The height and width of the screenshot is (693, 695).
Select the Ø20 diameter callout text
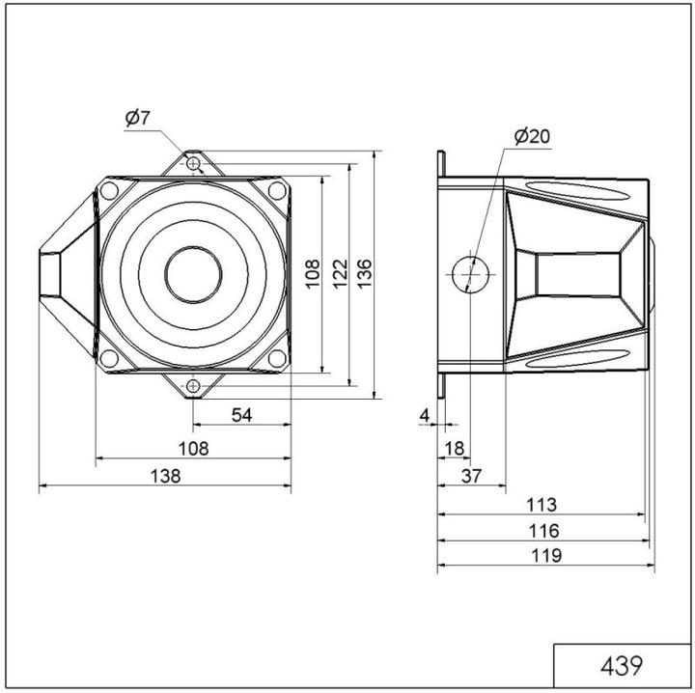(532, 136)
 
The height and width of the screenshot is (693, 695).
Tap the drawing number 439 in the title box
(622, 666)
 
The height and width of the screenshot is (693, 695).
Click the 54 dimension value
(242, 414)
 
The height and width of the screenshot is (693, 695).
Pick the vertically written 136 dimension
(364, 275)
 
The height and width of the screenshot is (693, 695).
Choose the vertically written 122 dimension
(338, 275)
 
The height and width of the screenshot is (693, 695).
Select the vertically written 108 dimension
(311, 275)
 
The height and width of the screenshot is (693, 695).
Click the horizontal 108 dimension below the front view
(194, 448)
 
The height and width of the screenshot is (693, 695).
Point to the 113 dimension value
(542, 504)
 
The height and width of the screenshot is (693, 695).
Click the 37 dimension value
(471, 475)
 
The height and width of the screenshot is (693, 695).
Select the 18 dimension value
(453, 448)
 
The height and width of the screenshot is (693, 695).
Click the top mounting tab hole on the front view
(194, 164)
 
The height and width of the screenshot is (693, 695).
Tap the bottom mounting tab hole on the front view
(194, 386)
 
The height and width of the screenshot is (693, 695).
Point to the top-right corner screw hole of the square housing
(277, 191)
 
